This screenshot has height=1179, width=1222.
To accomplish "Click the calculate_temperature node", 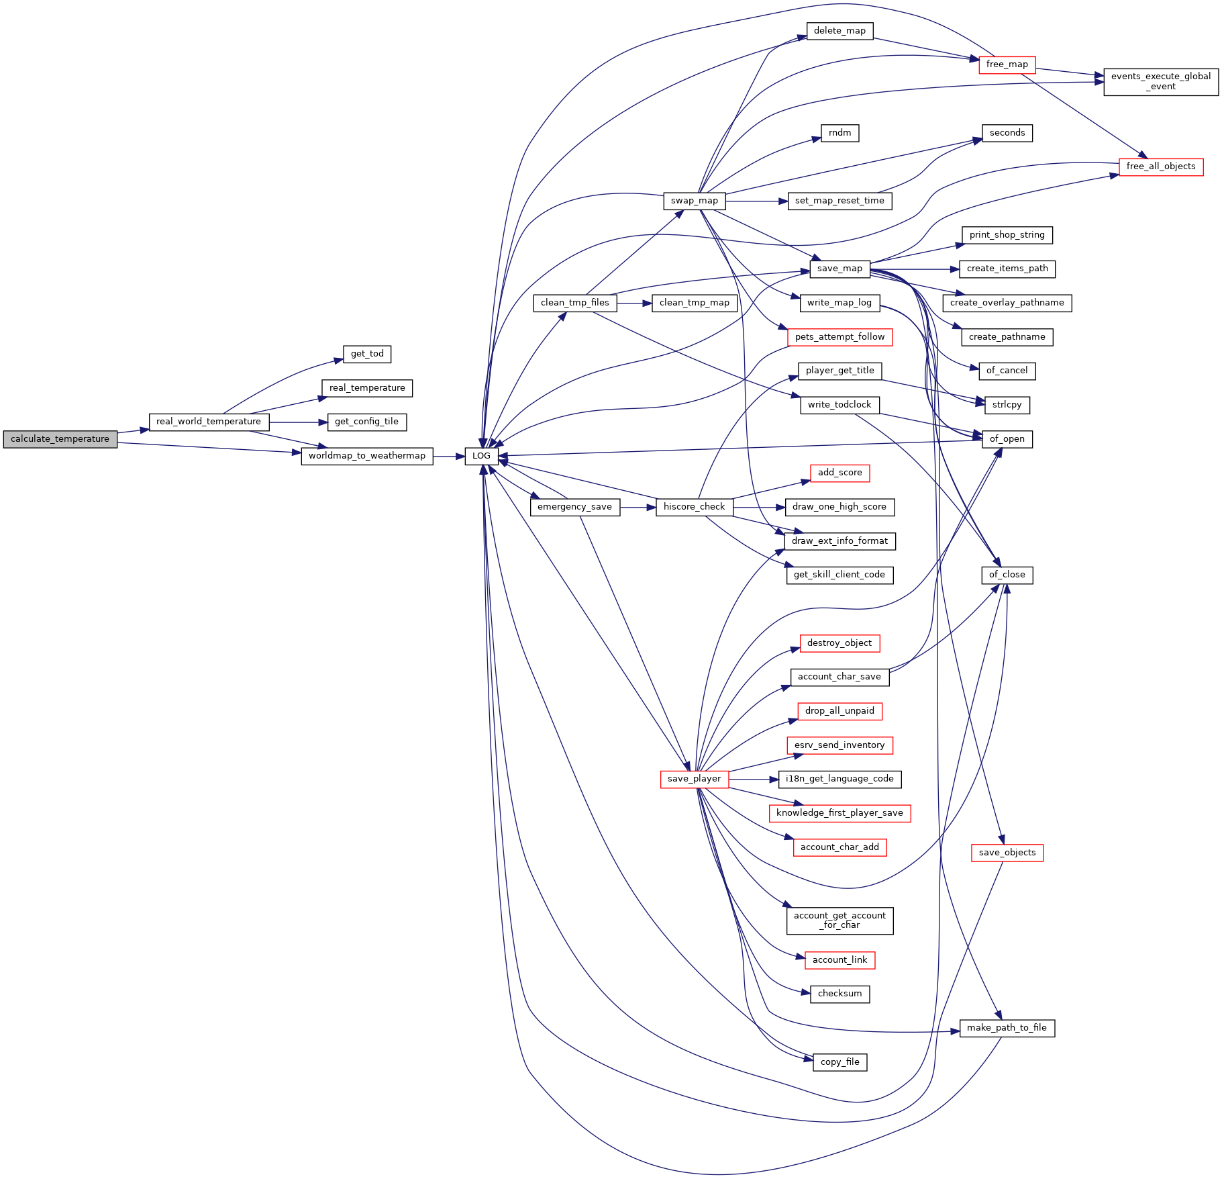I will (x=60, y=439).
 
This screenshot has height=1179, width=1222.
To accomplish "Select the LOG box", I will (x=481, y=456).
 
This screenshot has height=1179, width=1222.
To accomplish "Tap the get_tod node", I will (x=367, y=354).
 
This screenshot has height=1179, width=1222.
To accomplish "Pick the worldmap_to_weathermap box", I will (x=366, y=456).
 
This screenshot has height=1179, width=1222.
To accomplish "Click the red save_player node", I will (x=694, y=779).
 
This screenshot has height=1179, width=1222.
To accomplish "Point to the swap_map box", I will (x=694, y=201).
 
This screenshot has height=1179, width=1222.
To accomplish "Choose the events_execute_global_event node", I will (x=1160, y=82).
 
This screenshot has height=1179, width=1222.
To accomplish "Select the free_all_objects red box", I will (x=1160, y=167).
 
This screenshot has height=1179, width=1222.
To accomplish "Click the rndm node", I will (x=839, y=133).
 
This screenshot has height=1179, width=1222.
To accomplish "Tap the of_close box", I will (x=1007, y=575).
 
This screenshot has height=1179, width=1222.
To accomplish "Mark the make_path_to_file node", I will (x=1007, y=1028).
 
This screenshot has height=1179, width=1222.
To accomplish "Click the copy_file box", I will (x=839, y=1062).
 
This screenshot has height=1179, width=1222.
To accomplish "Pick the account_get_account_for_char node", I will (x=839, y=921).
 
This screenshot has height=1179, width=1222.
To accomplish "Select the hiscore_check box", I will (x=694, y=507).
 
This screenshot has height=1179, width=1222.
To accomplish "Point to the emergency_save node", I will (x=574, y=507).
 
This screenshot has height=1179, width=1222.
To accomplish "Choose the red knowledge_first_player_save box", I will (x=839, y=813).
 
